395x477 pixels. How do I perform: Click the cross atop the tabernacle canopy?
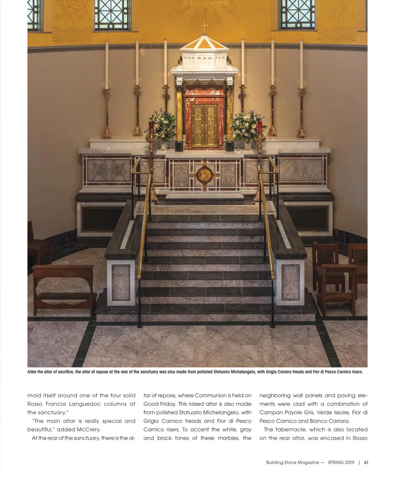click(x=204, y=27)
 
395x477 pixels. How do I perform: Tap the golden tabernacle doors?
click(x=205, y=125)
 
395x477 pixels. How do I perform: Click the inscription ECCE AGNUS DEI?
click(x=204, y=78)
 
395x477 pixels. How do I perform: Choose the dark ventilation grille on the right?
click(x=307, y=218)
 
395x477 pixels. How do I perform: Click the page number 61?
click(x=366, y=462)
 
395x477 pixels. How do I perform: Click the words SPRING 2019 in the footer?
click(x=341, y=462)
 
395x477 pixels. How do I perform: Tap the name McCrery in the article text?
click(x=88, y=429)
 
